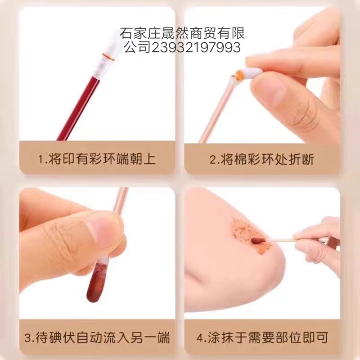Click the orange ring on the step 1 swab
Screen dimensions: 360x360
108,57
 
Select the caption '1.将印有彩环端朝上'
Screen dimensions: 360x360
97,159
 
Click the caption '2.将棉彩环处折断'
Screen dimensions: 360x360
262,159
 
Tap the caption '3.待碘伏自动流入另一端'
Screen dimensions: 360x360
97,337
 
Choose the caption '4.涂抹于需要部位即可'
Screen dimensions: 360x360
262,337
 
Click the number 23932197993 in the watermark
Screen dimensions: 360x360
196,48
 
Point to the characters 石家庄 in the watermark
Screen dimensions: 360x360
140,33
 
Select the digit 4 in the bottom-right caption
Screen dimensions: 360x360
200,337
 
